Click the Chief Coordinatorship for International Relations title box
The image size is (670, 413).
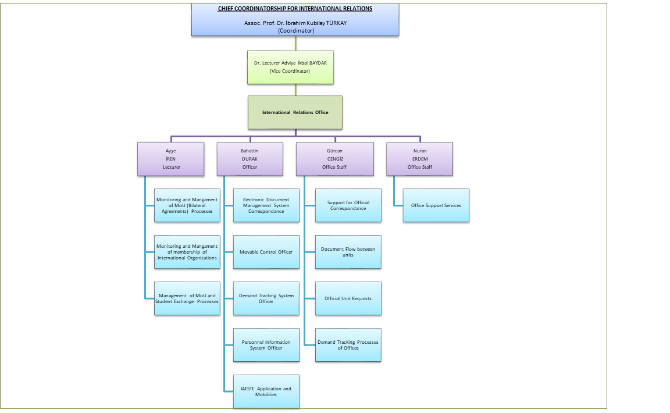[x=295, y=19]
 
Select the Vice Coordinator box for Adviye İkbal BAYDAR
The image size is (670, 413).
[x=290, y=67]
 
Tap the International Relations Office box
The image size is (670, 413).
[x=295, y=112]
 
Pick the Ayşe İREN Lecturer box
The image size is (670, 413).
[x=171, y=159]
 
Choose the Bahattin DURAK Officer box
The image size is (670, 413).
[x=250, y=159]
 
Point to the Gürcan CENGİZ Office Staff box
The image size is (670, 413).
[x=334, y=159]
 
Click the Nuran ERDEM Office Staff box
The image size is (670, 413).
[x=419, y=159]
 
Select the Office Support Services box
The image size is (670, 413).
[x=436, y=205]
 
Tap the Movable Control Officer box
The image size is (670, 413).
[x=266, y=252]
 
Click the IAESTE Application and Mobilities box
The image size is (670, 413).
[x=266, y=391]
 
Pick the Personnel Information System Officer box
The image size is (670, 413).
[x=266, y=345]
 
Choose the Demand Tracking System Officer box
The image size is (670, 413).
[x=266, y=298]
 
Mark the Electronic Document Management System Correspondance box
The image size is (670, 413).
[x=266, y=205]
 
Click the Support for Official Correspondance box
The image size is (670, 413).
[x=348, y=205]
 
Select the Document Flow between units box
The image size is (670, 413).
[x=348, y=252]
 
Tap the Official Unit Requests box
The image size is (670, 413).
[x=348, y=298]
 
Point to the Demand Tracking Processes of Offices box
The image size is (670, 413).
[x=348, y=345]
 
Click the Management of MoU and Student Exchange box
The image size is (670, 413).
[x=187, y=298]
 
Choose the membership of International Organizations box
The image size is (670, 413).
[x=187, y=252]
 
